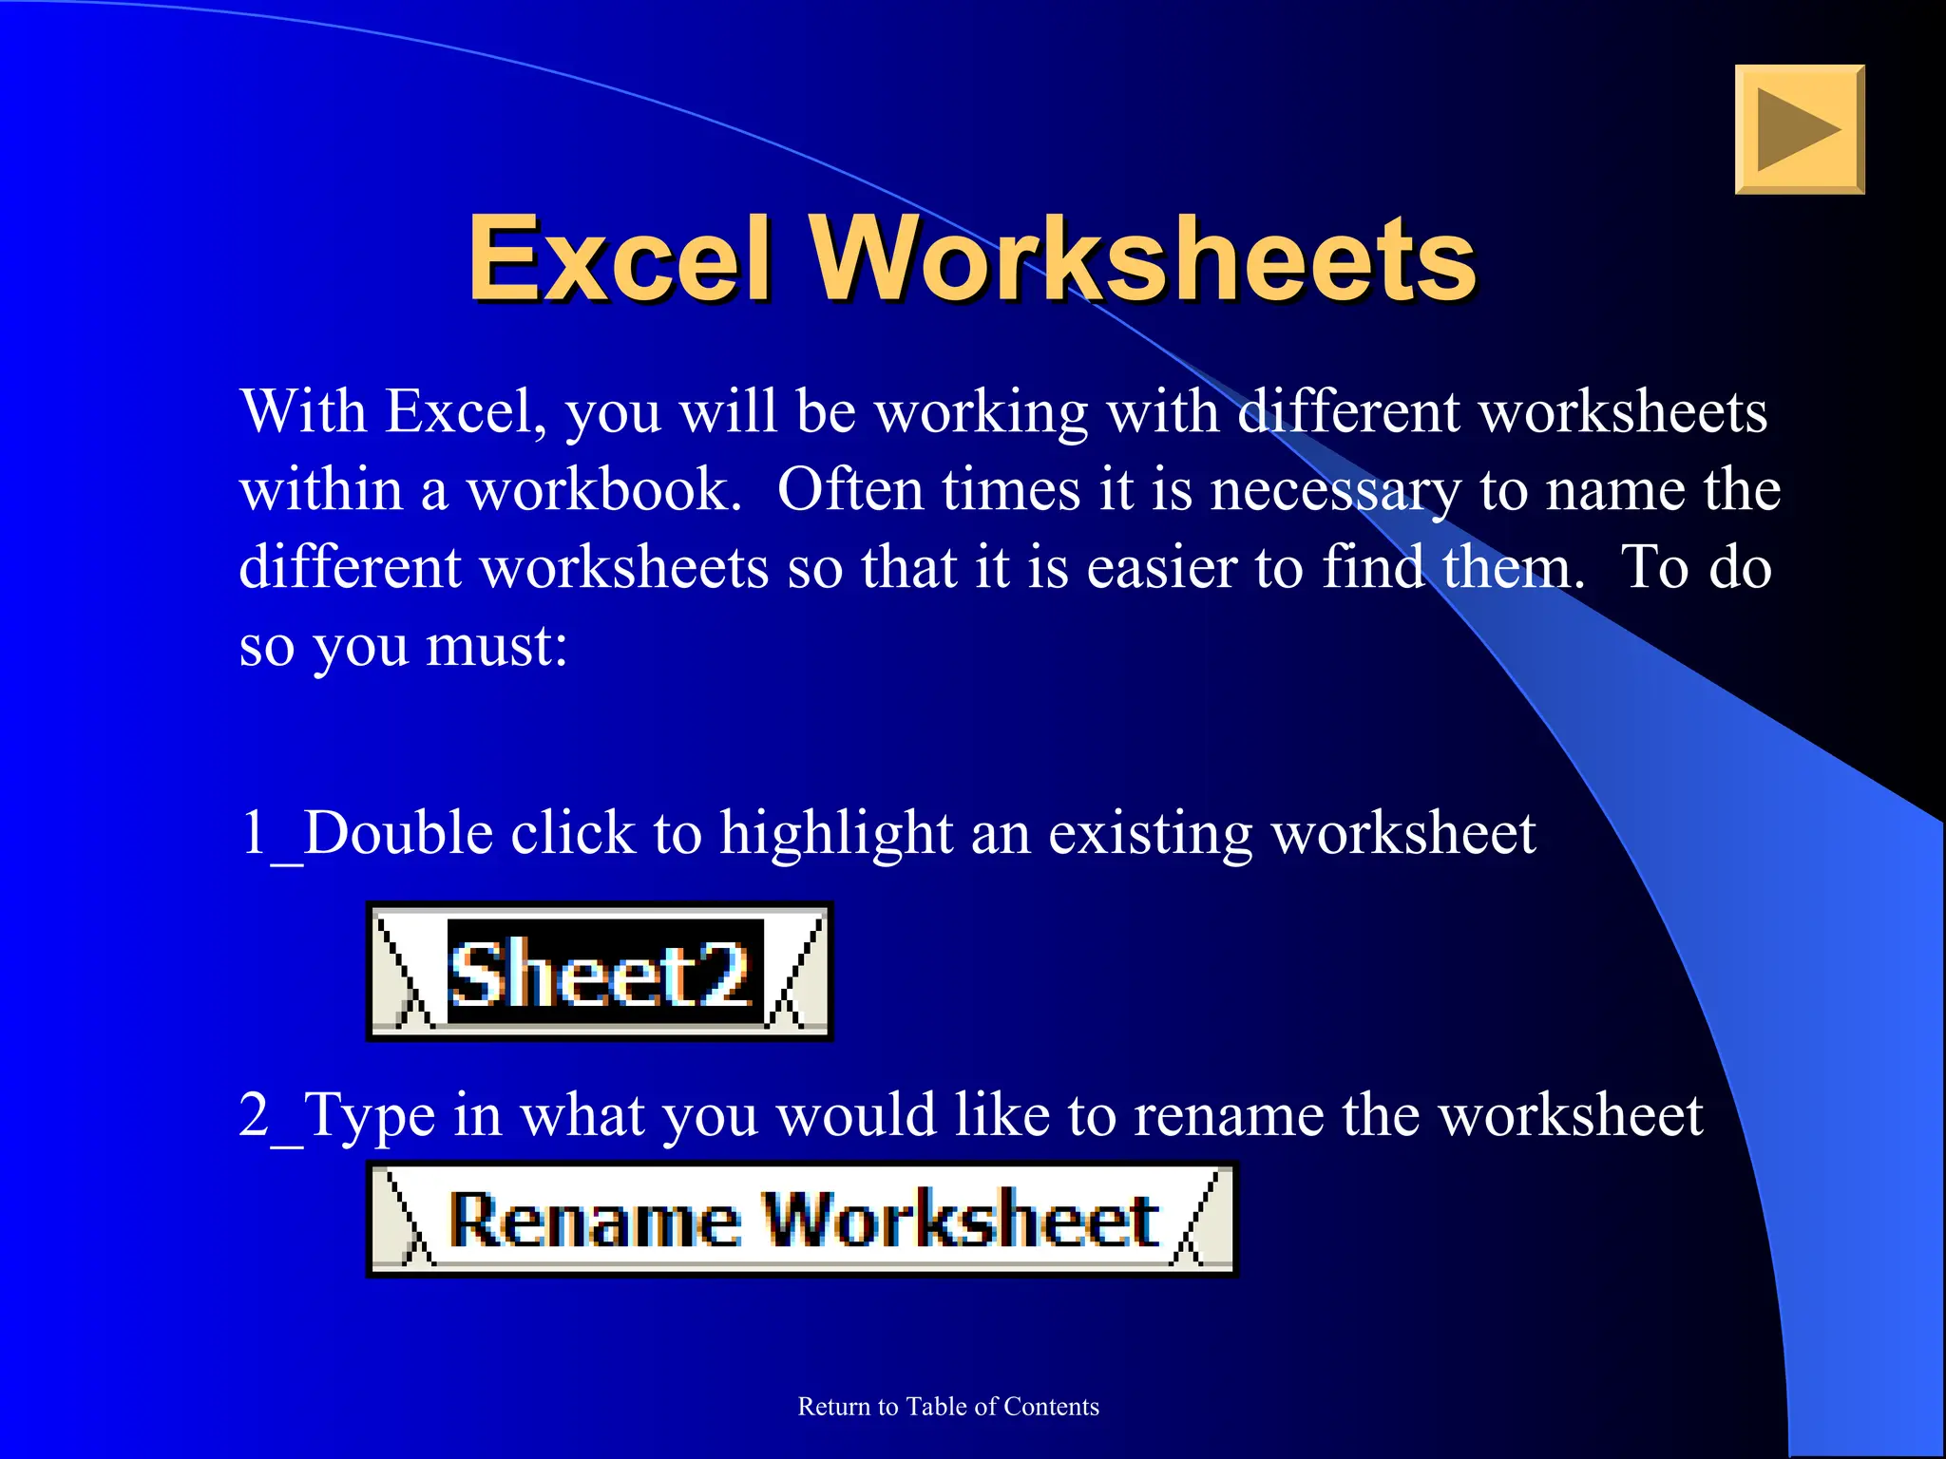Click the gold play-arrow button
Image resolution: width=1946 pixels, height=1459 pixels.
pyautogui.click(x=1799, y=129)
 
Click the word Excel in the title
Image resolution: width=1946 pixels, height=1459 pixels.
pyautogui.click(x=619, y=258)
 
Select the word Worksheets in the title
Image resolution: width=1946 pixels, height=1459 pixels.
pyautogui.click(x=1143, y=258)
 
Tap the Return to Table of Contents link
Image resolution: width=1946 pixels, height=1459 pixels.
pyautogui.click(x=947, y=1406)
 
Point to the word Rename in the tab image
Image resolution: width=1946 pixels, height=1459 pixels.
pyautogui.click(x=595, y=1220)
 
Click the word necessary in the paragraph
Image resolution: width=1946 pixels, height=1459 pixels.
pyautogui.click(x=1335, y=492)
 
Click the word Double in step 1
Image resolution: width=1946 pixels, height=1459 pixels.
pyautogui.click(x=398, y=833)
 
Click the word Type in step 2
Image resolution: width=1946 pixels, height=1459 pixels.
pyautogui.click(x=370, y=1115)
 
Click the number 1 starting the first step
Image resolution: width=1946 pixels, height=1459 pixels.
pyautogui.click(x=254, y=833)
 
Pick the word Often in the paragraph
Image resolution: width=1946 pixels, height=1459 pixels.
pyautogui.click(x=850, y=490)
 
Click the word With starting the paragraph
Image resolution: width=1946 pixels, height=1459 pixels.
pyautogui.click(x=303, y=412)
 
